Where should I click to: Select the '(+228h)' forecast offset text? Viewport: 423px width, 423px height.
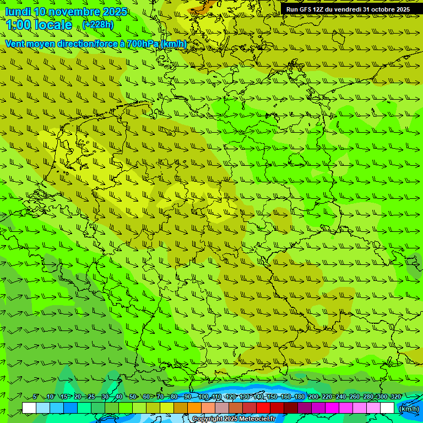[x=98, y=24]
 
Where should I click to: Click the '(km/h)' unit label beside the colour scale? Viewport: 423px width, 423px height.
[x=409, y=409]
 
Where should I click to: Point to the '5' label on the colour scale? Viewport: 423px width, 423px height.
[x=35, y=397]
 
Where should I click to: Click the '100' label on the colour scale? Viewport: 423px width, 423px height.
[x=203, y=397]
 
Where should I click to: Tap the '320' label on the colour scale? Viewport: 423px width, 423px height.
[x=396, y=397]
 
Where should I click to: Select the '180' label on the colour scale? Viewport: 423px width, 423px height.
[x=300, y=397]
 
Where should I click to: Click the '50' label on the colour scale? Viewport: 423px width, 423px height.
[x=132, y=397]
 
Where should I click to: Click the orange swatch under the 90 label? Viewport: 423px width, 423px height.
[x=194, y=408]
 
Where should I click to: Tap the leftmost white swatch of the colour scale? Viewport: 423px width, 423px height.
[x=29, y=408]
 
